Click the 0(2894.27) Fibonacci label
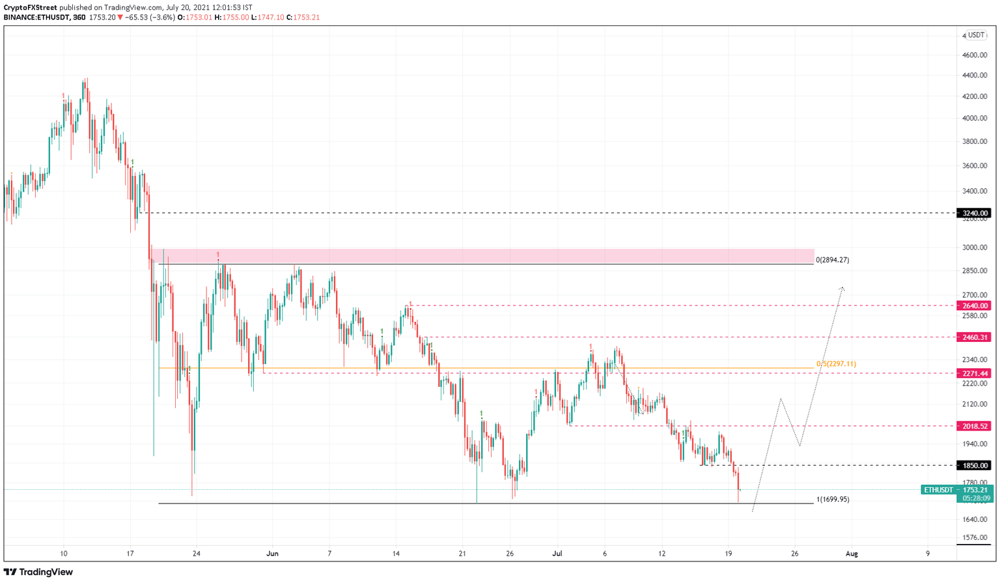click(832, 260)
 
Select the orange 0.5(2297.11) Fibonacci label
click(836, 364)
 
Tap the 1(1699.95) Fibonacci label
click(832, 500)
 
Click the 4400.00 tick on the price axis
click(975, 76)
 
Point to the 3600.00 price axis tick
click(975, 166)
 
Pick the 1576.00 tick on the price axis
click(975, 538)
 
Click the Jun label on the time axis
click(272, 554)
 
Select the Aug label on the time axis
click(852, 554)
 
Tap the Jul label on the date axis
click(557, 554)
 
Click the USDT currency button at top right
click(976, 35)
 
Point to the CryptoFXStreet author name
click(30, 8)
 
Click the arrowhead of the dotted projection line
click(842, 288)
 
